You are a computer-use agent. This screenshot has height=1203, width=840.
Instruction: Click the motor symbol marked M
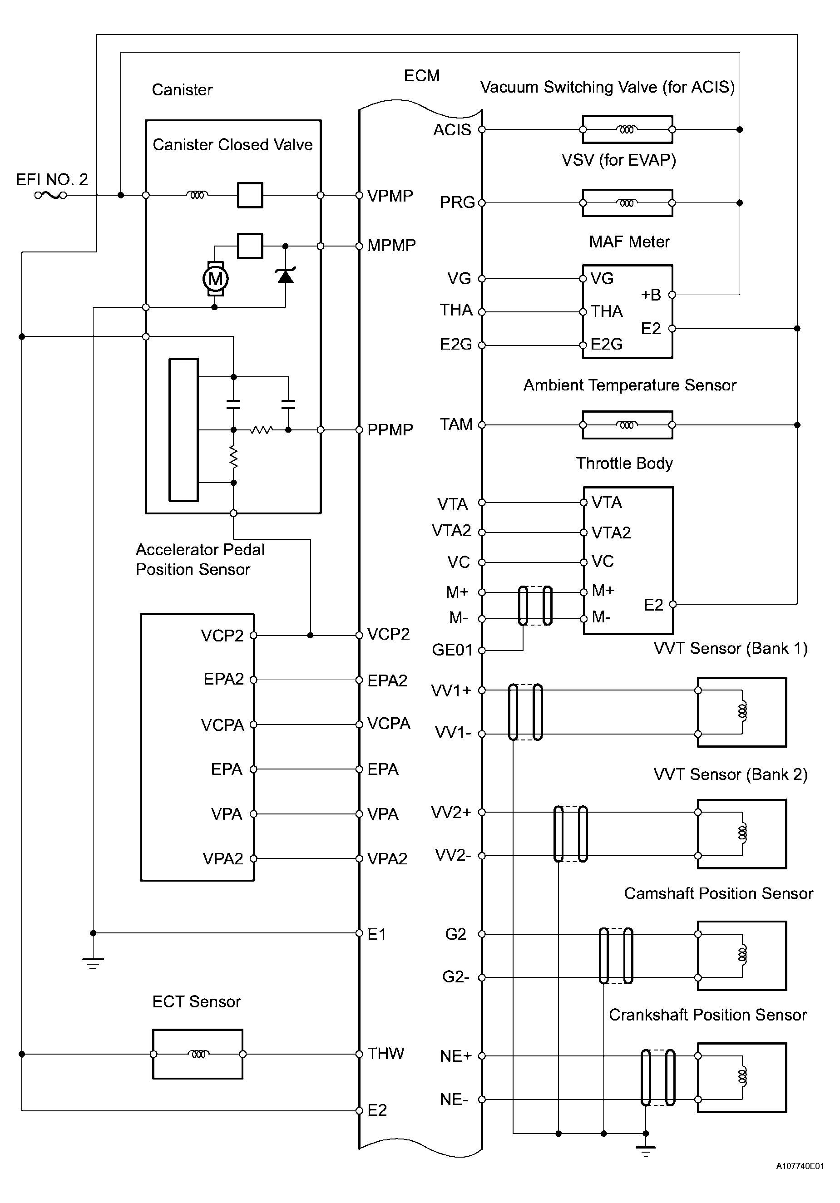(x=215, y=278)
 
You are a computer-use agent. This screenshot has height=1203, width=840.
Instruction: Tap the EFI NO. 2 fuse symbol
(x=51, y=196)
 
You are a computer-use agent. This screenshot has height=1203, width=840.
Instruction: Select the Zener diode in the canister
(x=285, y=275)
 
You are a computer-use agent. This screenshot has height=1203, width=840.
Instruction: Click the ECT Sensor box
(x=198, y=1054)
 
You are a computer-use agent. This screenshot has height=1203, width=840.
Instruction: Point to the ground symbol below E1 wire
(x=93, y=962)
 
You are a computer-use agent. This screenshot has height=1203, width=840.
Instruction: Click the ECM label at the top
(x=421, y=76)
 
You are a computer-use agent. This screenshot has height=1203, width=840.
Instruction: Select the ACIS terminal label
(x=452, y=130)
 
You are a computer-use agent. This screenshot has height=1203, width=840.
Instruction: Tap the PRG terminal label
(x=456, y=202)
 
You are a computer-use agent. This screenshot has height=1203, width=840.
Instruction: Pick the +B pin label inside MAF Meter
(x=650, y=295)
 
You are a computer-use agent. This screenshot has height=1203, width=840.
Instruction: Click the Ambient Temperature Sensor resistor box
(x=627, y=425)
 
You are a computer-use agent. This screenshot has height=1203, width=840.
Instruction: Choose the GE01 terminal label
(x=452, y=650)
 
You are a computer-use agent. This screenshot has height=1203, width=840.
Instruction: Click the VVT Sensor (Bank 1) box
(x=741, y=712)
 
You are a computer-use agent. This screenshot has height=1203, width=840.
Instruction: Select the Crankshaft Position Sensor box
(x=741, y=1077)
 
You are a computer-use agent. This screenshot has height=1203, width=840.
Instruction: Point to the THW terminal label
(x=385, y=1054)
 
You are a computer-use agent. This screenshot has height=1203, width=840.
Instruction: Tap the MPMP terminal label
(x=391, y=245)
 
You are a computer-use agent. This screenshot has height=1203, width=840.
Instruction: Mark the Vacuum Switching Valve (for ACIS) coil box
(x=627, y=129)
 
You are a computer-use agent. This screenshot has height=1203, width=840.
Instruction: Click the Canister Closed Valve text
(x=232, y=145)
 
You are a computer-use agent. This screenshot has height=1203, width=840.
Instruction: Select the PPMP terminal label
(x=390, y=429)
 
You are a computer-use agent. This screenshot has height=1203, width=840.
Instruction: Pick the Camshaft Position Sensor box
(x=741, y=956)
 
